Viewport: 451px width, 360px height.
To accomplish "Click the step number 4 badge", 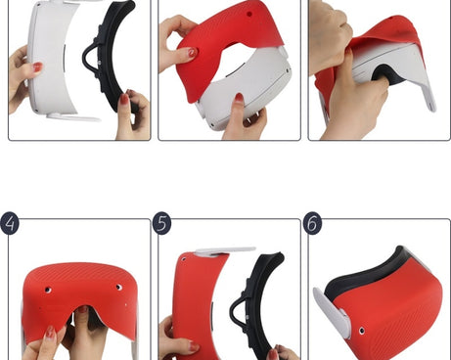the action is (10, 223).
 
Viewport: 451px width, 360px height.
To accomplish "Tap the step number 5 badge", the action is (161, 223).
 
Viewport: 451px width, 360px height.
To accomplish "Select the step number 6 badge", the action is (312, 223).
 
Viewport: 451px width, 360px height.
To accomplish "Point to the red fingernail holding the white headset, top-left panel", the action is (37, 67).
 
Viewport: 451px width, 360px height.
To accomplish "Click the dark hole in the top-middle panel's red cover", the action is (249, 14).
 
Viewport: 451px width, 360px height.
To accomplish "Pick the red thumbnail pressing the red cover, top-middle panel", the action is (192, 52).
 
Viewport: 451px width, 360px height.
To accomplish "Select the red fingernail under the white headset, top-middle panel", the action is (239, 98).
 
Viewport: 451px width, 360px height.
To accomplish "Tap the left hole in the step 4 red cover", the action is (48, 290).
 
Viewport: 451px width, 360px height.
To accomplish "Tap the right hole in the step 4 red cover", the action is (119, 288).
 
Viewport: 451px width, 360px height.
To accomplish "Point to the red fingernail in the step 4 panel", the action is (50, 333).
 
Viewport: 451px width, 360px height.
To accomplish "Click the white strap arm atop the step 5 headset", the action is (226, 250).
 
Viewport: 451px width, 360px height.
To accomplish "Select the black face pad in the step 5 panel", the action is (257, 303).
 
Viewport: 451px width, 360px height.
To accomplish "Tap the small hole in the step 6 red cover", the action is (362, 331).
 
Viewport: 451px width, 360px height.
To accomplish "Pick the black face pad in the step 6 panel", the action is (362, 276).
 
